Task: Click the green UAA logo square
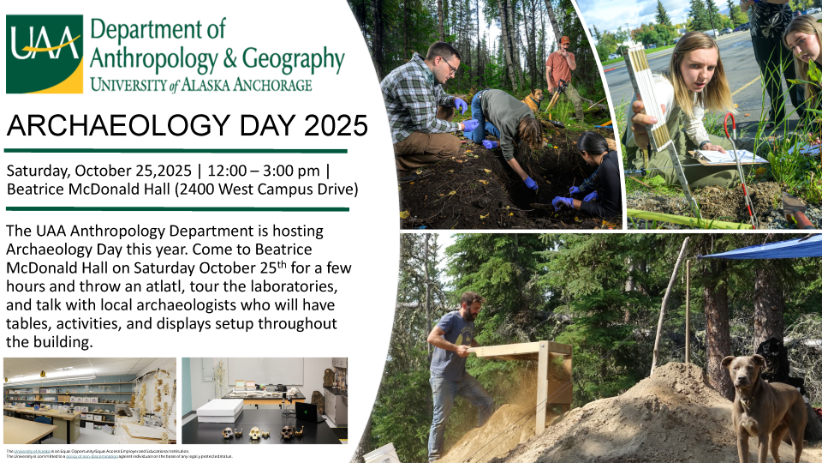45,53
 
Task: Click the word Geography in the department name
288,59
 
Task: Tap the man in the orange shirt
562,69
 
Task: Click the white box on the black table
220,410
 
